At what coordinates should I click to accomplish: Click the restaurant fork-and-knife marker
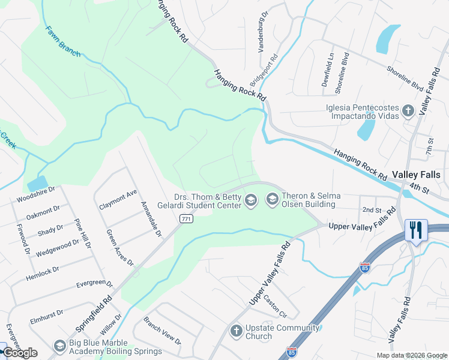[x=415, y=229]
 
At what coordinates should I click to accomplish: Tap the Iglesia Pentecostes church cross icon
[x=408, y=110]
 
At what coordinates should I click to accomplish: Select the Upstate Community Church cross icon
[x=236, y=331]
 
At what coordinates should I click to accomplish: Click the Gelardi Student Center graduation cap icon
[x=251, y=200]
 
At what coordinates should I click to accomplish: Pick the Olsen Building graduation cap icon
[x=272, y=199]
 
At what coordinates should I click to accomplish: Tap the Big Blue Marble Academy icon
[x=59, y=346]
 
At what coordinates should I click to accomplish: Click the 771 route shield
[x=187, y=220]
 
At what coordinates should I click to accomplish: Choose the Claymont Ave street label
[x=118, y=199]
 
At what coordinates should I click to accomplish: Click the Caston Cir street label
[x=276, y=308]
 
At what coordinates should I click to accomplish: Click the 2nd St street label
[x=372, y=209]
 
